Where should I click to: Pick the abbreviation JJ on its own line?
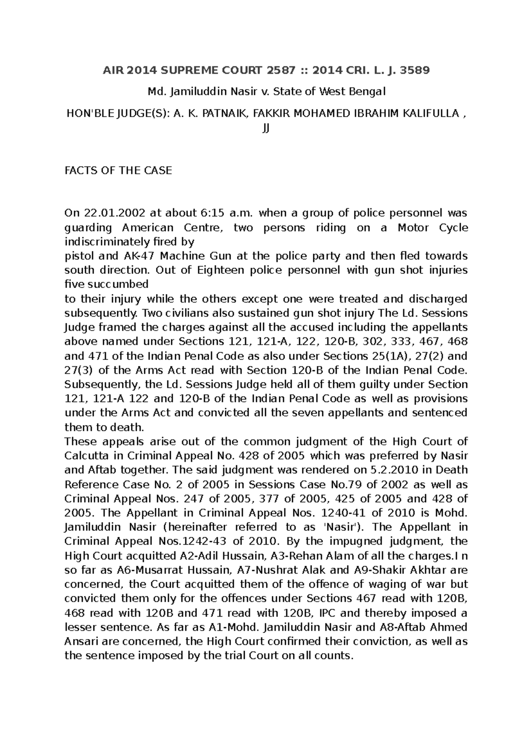(x=266, y=128)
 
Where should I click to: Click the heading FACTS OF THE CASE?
(x=118, y=171)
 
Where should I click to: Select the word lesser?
(x=81, y=627)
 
